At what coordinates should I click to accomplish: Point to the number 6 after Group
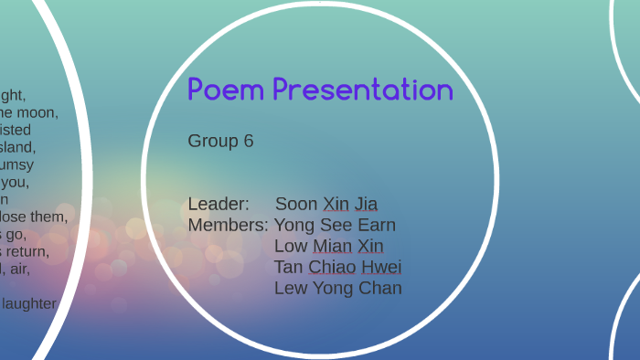[248, 141]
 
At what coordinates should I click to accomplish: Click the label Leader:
[219, 204]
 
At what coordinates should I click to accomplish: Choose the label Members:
[228, 225]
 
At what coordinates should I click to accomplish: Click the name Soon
[296, 204]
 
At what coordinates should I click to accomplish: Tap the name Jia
[366, 204]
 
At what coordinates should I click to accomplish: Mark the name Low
[291, 246]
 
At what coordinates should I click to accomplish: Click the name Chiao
[333, 267]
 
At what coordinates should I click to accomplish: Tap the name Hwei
[382, 267]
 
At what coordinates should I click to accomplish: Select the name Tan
[289, 267]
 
